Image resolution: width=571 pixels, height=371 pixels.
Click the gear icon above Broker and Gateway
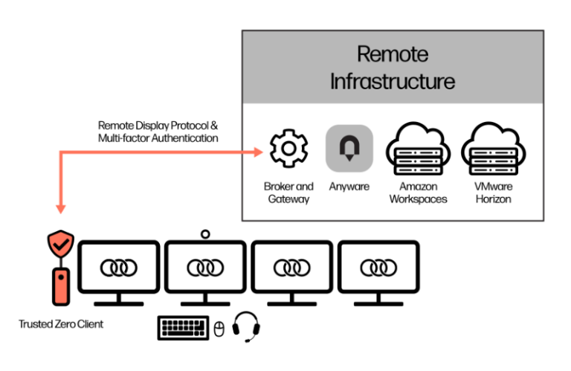coord(288,148)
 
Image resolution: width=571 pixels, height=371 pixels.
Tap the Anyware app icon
coord(349,148)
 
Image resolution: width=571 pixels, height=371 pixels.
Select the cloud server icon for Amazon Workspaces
coord(418,149)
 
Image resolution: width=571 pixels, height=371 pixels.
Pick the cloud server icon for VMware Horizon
coord(494,149)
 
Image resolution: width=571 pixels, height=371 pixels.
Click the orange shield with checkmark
coord(61,244)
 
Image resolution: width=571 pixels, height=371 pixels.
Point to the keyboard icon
coord(183,328)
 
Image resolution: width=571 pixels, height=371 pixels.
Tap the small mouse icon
coord(219,329)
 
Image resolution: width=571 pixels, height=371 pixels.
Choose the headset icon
coord(246,326)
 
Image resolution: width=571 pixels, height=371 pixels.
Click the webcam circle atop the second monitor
coord(205,234)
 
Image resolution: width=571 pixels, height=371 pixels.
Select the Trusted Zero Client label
coord(61,324)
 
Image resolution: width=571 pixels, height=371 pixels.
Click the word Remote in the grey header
coord(393,54)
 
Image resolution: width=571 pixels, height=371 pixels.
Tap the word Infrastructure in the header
coord(393,81)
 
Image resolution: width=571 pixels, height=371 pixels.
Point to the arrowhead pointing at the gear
coord(258,152)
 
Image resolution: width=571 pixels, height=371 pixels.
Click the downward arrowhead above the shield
coord(61,209)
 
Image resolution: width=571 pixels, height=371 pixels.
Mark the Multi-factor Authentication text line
coord(158,138)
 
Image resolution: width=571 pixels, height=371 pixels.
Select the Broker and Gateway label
coord(288,193)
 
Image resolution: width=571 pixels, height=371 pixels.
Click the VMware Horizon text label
coord(494,193)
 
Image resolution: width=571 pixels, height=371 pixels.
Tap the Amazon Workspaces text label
coord(418,193)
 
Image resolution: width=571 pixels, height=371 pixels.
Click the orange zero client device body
coord(61,286)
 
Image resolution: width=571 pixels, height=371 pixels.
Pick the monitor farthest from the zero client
coord(378,271)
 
